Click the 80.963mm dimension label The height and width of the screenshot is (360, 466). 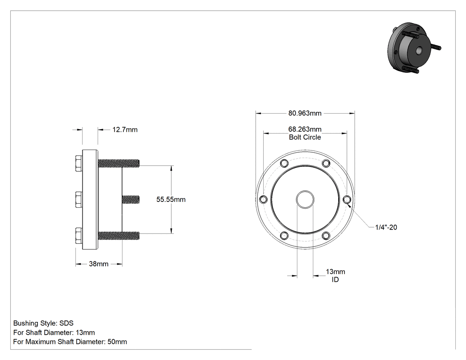305,113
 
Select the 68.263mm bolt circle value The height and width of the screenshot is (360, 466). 305,129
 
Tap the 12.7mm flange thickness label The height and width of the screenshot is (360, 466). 125,130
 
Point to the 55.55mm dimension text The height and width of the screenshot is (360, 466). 171,199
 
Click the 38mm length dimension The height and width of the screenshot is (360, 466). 99,264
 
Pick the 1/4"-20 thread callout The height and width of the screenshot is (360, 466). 386,227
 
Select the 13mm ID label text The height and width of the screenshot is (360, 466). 336,276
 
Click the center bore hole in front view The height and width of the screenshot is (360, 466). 305,199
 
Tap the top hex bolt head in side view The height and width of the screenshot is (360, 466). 79,163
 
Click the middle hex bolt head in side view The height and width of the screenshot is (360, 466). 79,199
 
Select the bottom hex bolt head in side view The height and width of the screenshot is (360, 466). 79,236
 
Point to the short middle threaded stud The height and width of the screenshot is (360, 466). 131,199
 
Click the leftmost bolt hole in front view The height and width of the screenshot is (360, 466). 263,199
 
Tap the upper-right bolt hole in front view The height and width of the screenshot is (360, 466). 326,163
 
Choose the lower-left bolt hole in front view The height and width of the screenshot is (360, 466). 284,236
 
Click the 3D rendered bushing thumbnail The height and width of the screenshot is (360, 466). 414,47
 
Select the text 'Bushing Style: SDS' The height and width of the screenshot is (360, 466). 43,323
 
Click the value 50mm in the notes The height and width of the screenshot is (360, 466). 117,342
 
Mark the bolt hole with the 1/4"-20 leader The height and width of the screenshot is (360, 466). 347,199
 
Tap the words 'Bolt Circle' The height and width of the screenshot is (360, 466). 305,137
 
